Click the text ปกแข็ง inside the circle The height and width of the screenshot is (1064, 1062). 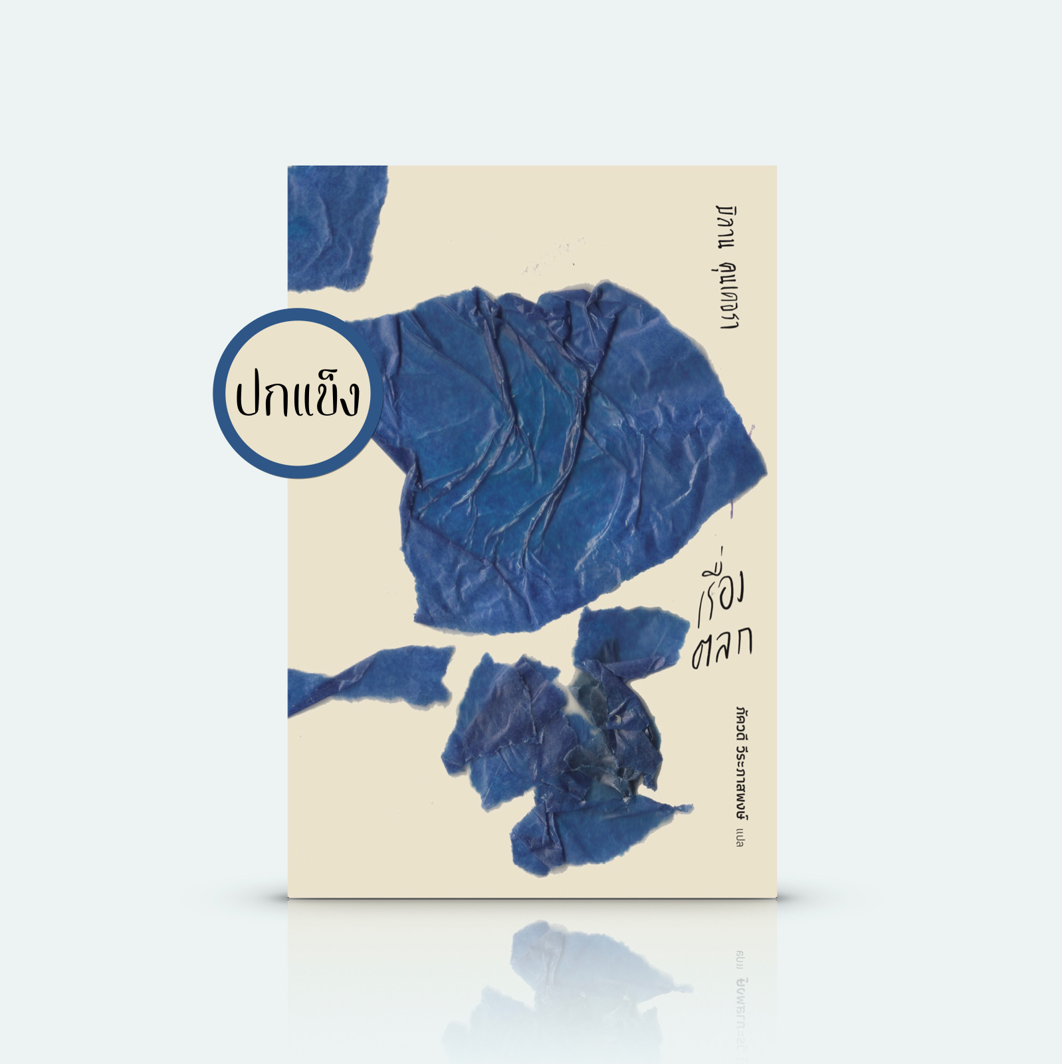point(297,397)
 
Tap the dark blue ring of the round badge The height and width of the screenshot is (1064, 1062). point(297,317)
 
